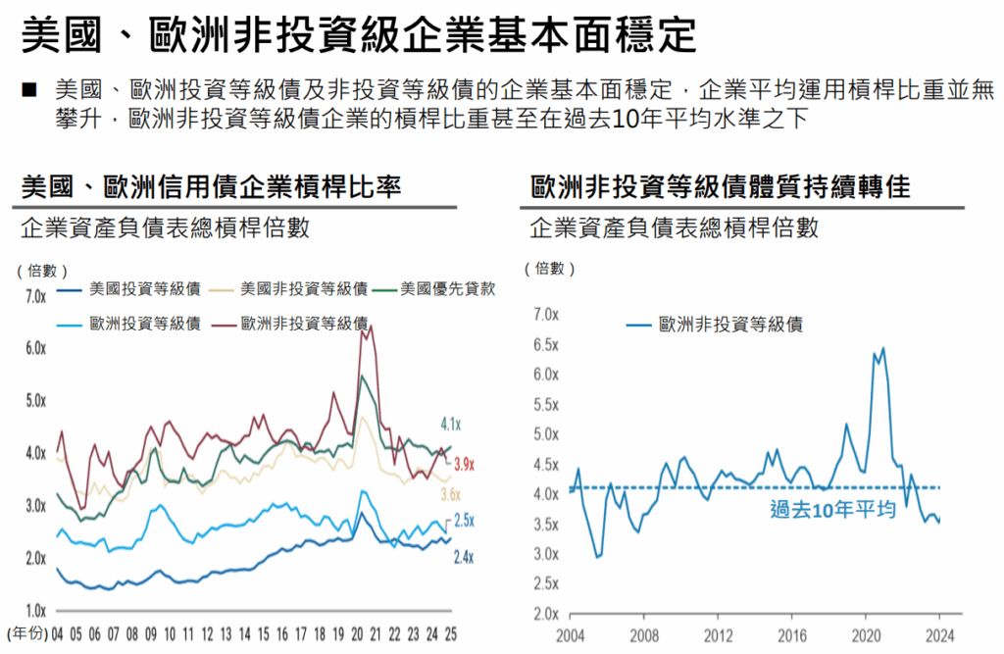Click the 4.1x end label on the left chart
coord(451,425)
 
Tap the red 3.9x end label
coord(465,464)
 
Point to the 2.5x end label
coord(464,521)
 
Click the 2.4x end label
coord(464,557)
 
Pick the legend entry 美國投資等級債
coord(144,289)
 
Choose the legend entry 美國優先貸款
coord(448,289)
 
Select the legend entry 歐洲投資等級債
coord(144,324)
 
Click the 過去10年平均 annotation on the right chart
coord(832,509)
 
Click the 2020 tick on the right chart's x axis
coord(867,633)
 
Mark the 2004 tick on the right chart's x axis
coord(569,633)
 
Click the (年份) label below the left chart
coord(26,633)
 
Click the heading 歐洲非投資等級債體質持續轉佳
coord(720,185)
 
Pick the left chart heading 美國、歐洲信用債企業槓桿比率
coord(210,185)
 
